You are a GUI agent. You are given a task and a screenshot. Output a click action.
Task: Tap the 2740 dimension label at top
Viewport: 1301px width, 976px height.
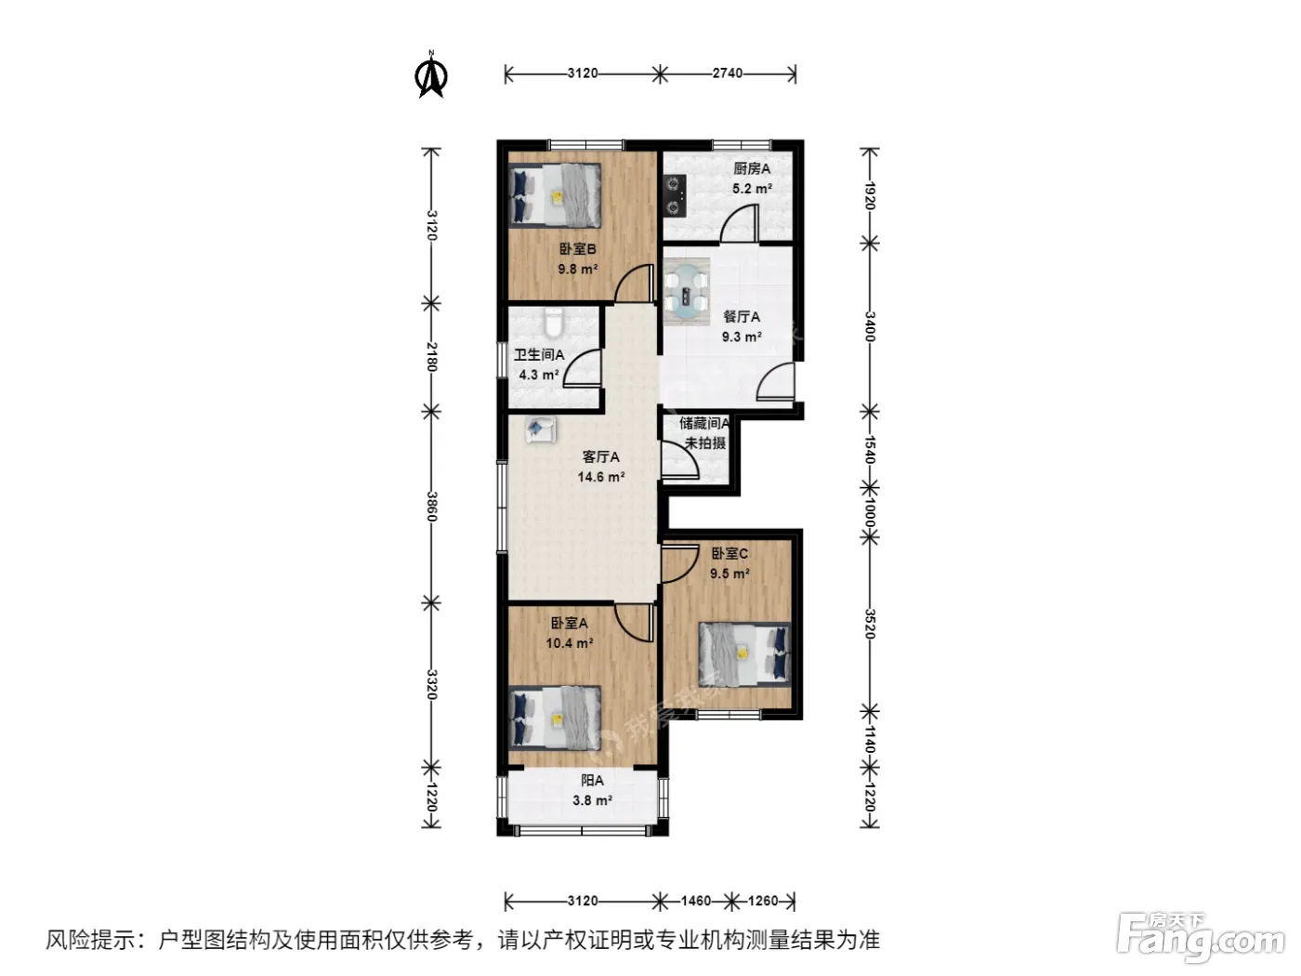click(x=728, y=73)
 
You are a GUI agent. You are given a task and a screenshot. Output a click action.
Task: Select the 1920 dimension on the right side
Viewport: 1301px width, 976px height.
click(x=869, y=195)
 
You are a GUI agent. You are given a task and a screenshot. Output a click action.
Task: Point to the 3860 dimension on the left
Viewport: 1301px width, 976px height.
click(x=431, y=507)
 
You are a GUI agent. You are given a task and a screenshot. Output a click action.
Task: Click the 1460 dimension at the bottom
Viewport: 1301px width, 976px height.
click(x=695, y=901)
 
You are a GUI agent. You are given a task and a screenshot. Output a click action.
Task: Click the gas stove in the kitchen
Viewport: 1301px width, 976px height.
click(x=675, y=195)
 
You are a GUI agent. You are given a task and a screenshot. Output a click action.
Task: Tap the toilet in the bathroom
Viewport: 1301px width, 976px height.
click(x=554, y=322)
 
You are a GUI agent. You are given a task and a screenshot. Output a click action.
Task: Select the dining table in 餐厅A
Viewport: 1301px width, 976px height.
click(x=687, y=292)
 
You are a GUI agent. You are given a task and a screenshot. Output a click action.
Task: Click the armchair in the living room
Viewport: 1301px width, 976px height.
click(x=541, y=429)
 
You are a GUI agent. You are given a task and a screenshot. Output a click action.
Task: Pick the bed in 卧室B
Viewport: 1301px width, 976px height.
click(x=556, y=195)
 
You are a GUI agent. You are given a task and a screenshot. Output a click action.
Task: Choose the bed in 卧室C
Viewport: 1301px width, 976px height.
click(x=745, y=653)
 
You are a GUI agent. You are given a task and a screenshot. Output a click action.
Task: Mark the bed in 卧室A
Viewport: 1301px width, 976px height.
click(x=556, y=719)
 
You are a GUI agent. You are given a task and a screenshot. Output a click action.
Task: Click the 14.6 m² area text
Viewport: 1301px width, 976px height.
click(x=601, y=477)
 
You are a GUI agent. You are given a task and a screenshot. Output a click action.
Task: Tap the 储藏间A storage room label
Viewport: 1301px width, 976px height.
click(x=704, y=423)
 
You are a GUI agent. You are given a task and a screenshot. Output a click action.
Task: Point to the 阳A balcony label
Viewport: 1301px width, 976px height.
click(x=592, y=781)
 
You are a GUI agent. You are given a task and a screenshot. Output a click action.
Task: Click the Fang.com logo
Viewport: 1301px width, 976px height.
click(x=1200, y=939)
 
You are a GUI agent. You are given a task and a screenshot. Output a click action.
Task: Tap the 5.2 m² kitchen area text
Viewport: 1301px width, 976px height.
click(x=752, y=189)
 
